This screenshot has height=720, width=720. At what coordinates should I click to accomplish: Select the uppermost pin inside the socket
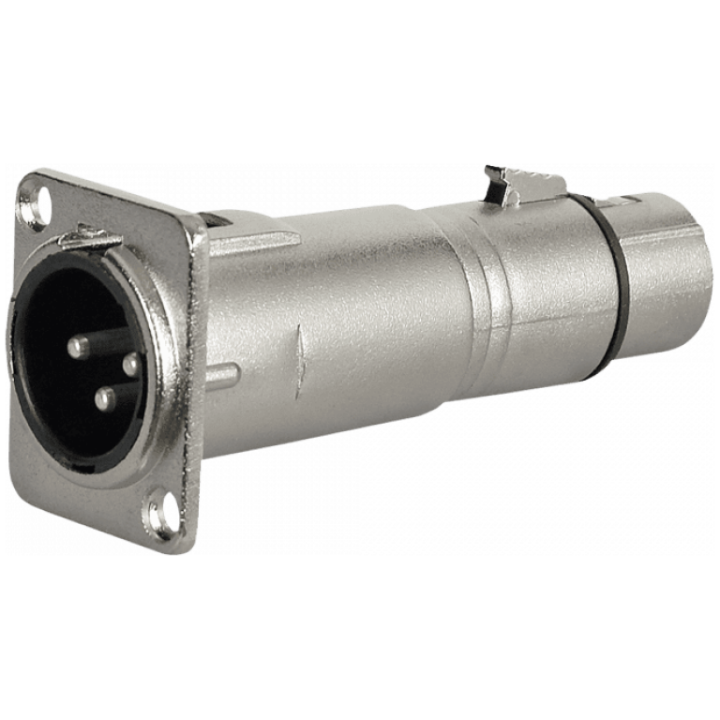79,346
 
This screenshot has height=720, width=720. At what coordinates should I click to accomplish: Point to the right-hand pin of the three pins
131,364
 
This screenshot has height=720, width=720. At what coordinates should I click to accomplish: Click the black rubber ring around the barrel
609,281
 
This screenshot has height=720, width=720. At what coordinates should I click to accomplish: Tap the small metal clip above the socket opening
90,237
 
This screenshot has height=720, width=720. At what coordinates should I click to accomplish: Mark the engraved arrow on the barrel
300,361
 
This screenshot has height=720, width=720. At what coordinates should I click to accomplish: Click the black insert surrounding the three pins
56,412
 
